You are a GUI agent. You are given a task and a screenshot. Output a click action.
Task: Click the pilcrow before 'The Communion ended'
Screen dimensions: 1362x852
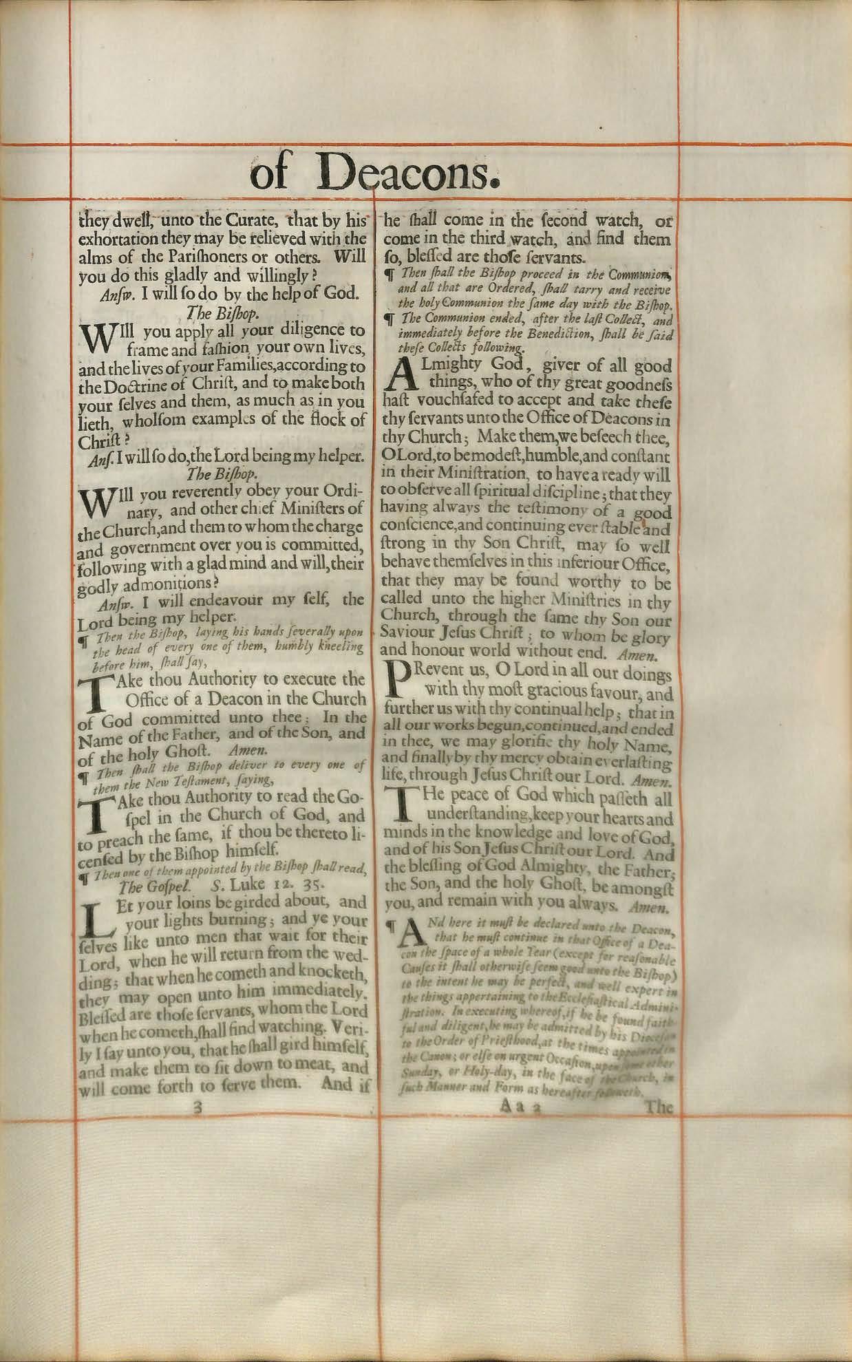tap(390, 320)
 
